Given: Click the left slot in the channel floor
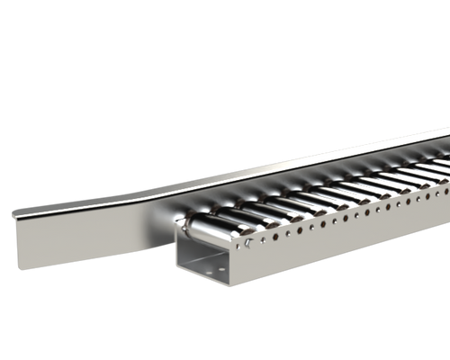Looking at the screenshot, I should pyautogui.click(x=193, y=265).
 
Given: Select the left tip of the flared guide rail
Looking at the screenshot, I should pyautogui.click(x=13, y=213).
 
